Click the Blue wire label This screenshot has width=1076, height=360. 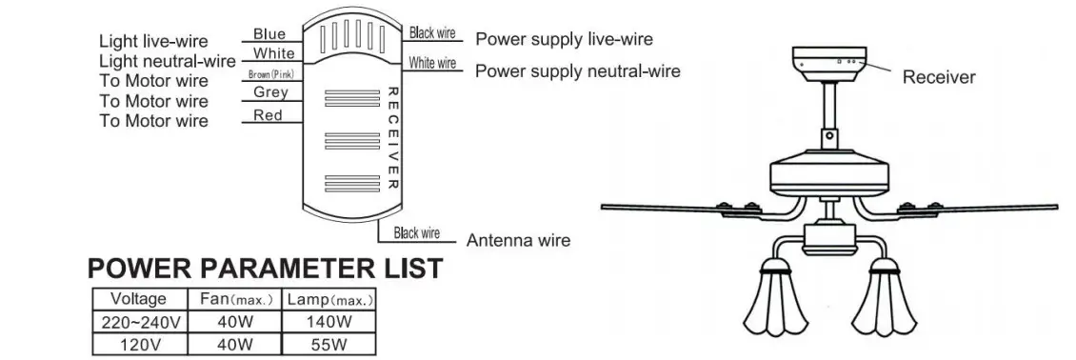point(269,34)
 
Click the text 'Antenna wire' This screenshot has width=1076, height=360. point(518,240)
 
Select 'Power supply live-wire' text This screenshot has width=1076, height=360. point(564,40)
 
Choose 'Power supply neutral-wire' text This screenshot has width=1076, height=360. point(577,71)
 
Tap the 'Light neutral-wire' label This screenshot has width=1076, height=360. point(166,61)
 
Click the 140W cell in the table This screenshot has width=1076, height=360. point(329,322)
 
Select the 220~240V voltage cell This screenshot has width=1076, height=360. point(139,322)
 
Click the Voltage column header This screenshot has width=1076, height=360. point(139,299)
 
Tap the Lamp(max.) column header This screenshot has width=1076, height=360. point(329,299)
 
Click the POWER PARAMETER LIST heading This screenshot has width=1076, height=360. point(265,269)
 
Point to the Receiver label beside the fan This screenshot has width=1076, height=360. point(938,77)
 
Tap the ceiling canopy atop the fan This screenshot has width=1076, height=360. point(832,61)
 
